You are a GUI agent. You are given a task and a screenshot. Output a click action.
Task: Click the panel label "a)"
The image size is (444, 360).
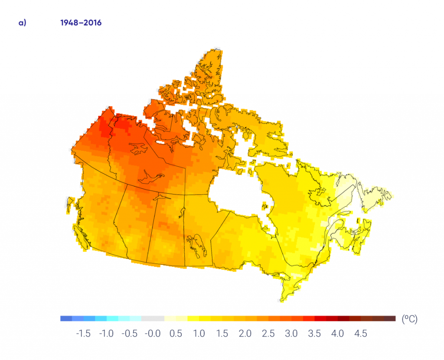coord(22,23)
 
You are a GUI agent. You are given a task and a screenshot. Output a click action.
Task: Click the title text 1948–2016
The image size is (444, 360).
coord(81,23)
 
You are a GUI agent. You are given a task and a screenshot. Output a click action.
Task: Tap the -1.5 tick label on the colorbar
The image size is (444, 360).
coord(83,334)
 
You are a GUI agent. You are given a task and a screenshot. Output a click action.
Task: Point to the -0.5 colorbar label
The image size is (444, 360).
coord(129,334)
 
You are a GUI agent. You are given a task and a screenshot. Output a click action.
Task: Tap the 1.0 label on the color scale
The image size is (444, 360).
coord(199,334)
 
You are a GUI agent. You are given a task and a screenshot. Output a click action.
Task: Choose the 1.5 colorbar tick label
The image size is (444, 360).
coord(222,334)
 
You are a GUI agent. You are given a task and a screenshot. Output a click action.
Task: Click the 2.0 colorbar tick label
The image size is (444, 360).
coord(245,334)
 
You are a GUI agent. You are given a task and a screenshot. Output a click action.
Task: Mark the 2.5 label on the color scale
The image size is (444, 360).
coord(268,334)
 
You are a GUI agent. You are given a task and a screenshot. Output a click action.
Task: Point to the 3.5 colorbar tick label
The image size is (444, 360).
coord(315,334)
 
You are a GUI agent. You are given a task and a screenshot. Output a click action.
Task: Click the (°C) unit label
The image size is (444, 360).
coord(410,319)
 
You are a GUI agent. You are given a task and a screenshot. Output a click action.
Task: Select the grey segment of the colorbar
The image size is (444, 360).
coord(153,318)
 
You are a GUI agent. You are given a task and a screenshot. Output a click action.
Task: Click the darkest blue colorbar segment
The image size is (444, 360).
coord(66,318)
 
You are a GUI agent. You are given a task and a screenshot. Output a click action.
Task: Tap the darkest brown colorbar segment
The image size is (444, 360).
coord(390,318)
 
